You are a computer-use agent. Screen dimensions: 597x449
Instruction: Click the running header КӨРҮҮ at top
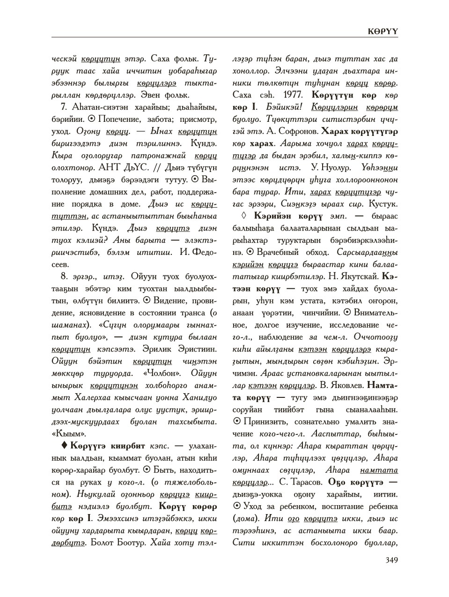[383, 30]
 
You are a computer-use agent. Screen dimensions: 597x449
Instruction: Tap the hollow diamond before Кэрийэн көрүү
[243, 216]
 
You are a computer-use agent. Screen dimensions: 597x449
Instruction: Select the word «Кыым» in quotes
[66, 433]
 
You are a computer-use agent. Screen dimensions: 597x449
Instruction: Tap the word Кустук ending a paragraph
[384, 204]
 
